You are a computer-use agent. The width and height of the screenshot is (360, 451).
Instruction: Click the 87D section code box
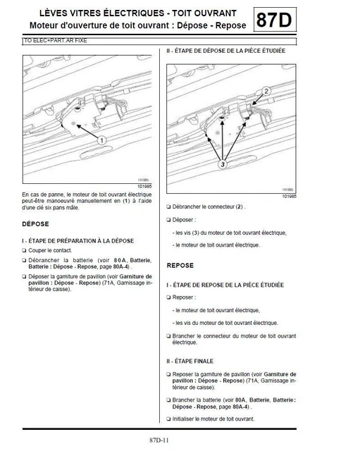(272, 20)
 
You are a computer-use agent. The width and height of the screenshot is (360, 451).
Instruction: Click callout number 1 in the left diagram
(101, 140)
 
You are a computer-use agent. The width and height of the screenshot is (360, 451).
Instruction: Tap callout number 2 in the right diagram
(266, 92)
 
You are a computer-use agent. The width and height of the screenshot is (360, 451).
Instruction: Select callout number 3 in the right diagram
(221, 163)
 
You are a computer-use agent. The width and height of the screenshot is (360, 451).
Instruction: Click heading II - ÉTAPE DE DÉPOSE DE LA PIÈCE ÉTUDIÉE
(226, 51)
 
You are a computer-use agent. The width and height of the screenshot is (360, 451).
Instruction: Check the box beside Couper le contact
(25, 250)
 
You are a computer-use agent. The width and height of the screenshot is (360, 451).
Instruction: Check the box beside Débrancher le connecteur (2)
(168, 207)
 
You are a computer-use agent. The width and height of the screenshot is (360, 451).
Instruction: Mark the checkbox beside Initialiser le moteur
(168, 418)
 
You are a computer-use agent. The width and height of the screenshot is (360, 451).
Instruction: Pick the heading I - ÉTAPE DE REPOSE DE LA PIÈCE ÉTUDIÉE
(225, 285)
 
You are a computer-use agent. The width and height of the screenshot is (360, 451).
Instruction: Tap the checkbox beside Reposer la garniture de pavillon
(168, 374)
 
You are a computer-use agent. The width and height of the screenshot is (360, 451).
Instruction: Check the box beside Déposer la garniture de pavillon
(25, 277)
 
